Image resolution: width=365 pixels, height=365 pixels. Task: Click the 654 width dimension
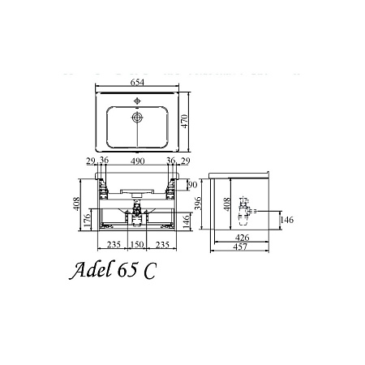click(137, 82)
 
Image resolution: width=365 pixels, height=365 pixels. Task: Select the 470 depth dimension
click(184, 121)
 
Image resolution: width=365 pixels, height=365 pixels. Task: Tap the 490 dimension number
click(137, 161)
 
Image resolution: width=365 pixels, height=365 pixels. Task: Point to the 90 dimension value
click(192, 185)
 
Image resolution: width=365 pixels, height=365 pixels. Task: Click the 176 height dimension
click(87, 221)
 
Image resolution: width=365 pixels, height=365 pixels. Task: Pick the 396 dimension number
click(198, 204)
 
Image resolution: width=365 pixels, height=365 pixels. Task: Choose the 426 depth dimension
click(242, 238)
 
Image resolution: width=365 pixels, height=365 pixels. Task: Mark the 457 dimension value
click(240, 247)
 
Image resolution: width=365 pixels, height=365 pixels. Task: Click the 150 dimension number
click(137, 245)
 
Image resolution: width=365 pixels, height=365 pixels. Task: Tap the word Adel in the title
click(91, 269)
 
